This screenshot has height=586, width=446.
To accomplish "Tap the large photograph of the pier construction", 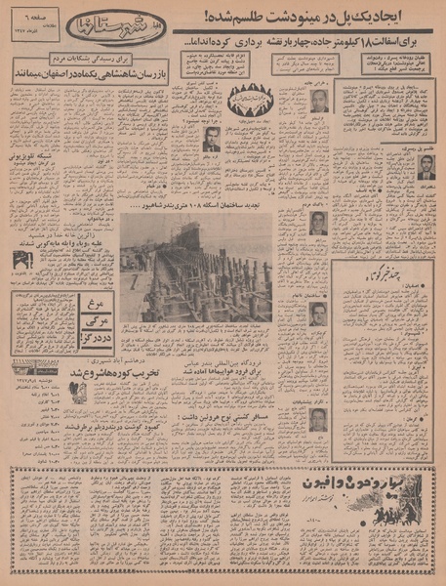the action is coord(195,268).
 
